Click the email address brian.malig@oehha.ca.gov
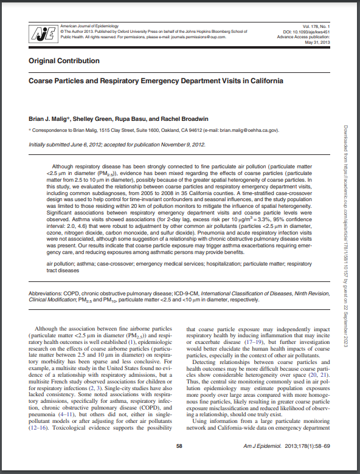(x=246, y=130)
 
